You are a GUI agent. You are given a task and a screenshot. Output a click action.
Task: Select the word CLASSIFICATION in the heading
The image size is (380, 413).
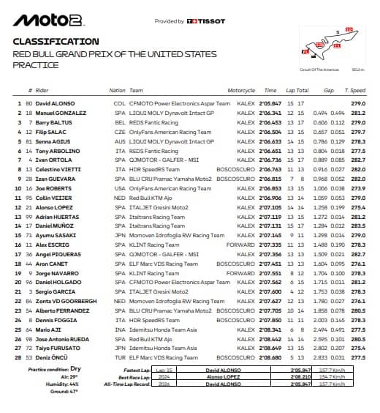tap(56, 42)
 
